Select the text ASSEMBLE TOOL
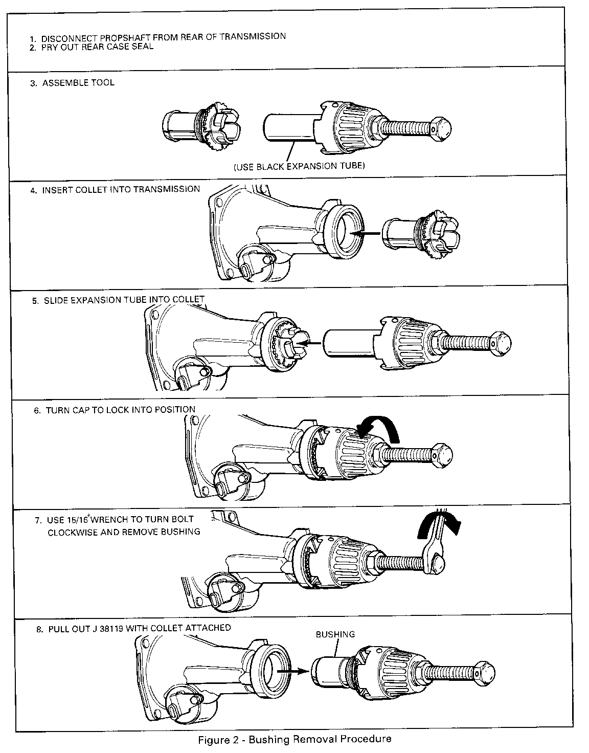pos(78,83)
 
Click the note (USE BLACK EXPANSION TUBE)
pos(299,166)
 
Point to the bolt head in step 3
pos(441,128)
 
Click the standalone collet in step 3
pos(201,126)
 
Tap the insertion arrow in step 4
pos(365,234)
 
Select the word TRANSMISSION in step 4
pos(167,189)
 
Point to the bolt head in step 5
pos(501,343)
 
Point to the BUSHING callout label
pos(335,634)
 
